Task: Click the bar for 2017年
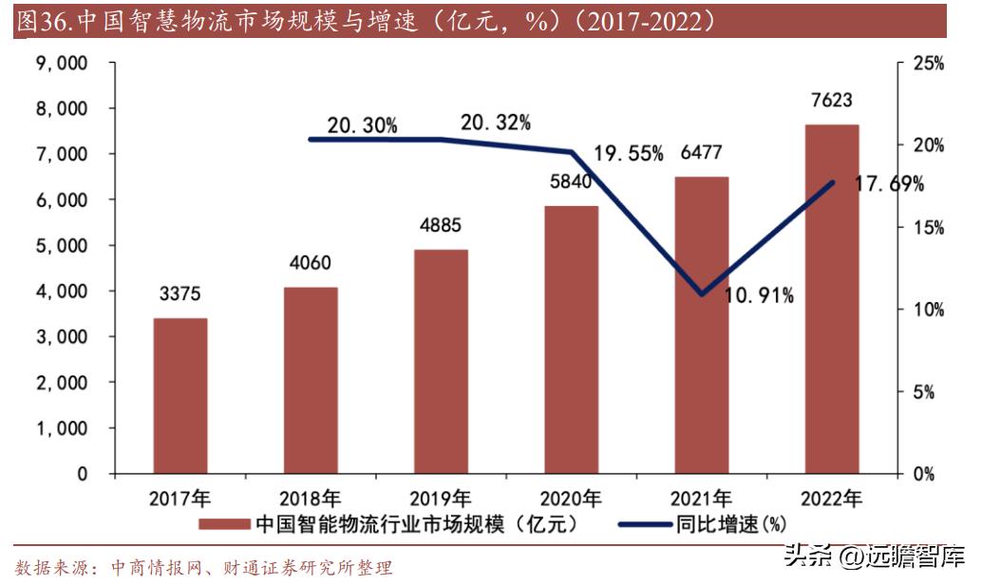(x=179, y=395)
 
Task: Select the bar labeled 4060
(x=311, y=380)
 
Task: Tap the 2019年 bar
(x=441, y=361)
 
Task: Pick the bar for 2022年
(x=832, y=298)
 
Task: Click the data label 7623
(x=832, y=100)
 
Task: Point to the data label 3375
(x=179, y=293)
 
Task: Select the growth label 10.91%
(x=759, y=296)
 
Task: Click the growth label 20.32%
(x=495, y=123)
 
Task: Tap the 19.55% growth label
(x=628, y=154)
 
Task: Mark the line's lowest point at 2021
(x=702, y=294)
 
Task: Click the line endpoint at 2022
(x=832, y=182)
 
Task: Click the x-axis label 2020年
(x=570, y=498)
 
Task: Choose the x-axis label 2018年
(x=311, y=498)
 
